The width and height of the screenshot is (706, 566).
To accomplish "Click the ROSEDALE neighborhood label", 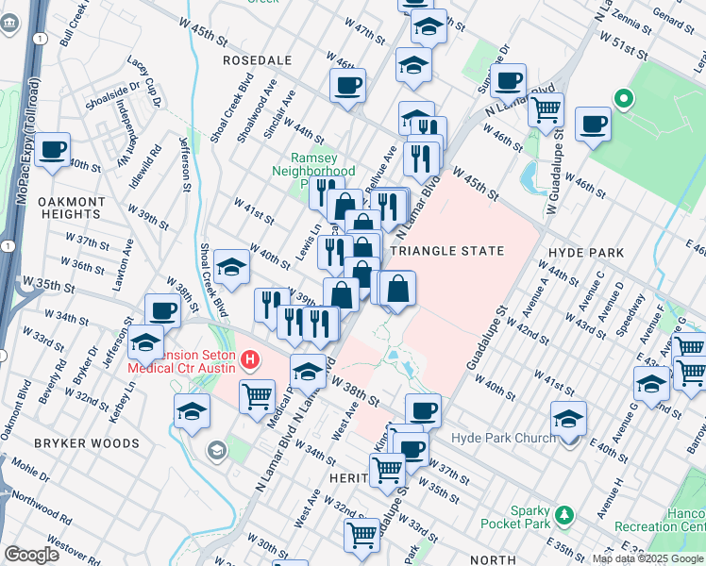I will (257, 59).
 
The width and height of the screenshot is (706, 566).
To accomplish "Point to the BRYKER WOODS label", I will (75, 442).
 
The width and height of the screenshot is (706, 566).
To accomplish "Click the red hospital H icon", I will (250, 359).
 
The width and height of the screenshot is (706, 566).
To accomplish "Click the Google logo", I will (32, 555).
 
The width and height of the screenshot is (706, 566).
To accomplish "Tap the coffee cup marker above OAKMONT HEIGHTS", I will (53, 148).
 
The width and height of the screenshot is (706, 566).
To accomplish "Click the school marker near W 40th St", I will (230, 267).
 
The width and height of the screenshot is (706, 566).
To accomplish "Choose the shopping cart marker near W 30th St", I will (362, 534).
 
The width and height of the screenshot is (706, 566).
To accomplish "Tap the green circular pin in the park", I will (622, 98).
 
